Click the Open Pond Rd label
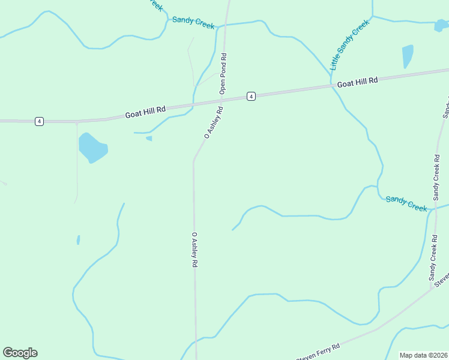[x=223, y=74]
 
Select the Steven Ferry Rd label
[x=318, y=352]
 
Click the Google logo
[x=20, y=353]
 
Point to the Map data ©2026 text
[x=424, y=355]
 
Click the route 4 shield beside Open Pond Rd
[x=251, y=96]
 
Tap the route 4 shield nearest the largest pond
[x=39, y=121]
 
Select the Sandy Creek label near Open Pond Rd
[x=193, y=23]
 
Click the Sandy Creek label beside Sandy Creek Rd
[x=406, y=203]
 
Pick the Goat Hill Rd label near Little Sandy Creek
[x=357, y=83]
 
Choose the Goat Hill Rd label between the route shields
[x=145, y=112]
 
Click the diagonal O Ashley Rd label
[x=214, y=123]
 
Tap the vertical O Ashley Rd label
[x=194, y=250]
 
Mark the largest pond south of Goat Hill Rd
[x=92, y=148]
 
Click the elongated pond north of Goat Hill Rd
[x=408, y=56]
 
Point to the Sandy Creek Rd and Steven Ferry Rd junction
[x=432, y=289]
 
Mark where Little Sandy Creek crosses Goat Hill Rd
[x=331, y=86]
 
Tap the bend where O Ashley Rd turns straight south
[x=193, y=161]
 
